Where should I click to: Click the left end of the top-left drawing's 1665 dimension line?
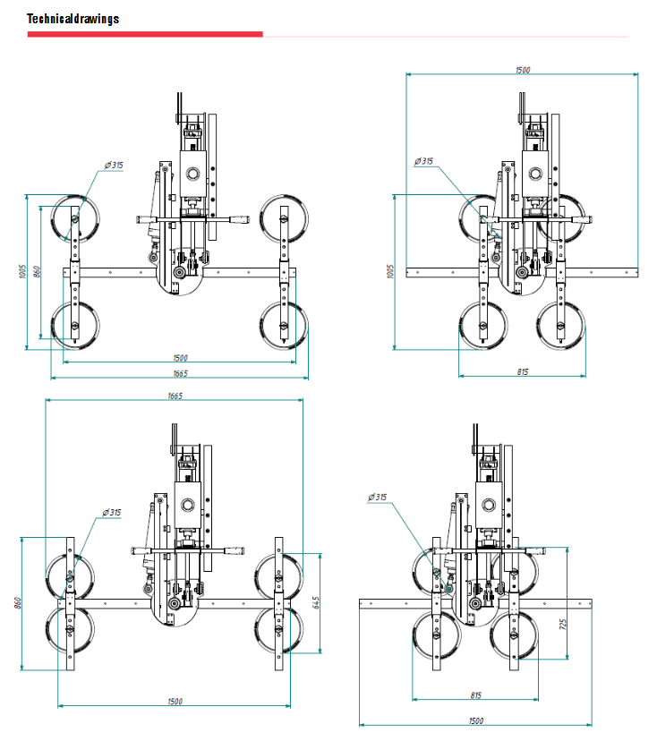(x=51, y=378)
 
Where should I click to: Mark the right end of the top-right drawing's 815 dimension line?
(x=585, y=376)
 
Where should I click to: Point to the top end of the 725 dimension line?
(x=567, y=548)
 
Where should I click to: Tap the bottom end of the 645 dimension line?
(x=320, y=653)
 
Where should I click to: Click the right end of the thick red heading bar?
(x=263, y=34)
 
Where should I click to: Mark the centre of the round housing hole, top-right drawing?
(x=535, y=174)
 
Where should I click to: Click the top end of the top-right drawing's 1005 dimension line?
(x=394, y=195)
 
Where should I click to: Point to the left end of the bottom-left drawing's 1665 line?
(x=46, y=400)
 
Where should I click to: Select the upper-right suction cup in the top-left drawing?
(x=284, y=218)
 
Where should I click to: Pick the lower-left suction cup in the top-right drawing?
(x=483, y=326)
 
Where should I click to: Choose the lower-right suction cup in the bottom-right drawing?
(x=514, y=635)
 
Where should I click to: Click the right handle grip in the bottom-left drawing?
(x=234, y=551)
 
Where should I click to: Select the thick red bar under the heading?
(x=145, y=34)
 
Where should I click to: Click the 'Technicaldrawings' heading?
(x=73, y=19)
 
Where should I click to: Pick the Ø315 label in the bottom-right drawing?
(x=377, y=498)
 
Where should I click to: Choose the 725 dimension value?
(x=562, y=625)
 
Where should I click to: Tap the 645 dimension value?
(x=316, y=602)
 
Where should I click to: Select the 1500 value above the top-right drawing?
(x=523, y=70)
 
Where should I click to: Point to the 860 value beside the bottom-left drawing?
(x=18, y=603)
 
